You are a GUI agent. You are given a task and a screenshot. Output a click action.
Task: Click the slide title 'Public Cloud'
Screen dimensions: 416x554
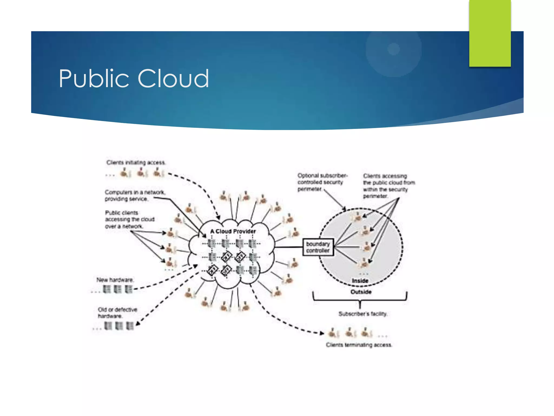[x=134, y=79]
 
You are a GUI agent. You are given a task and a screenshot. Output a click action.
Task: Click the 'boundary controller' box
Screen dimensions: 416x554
[x=318, y=247]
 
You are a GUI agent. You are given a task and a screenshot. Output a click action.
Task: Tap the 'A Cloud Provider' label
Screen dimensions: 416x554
[x=233, y=231]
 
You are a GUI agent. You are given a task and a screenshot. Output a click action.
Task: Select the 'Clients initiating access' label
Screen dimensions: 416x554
[x=136, y=162]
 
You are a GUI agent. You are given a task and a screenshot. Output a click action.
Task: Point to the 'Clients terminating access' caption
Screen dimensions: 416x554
[x=359, y=345]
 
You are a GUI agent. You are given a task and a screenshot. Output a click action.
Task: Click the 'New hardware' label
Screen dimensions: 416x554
[x=115, y=280]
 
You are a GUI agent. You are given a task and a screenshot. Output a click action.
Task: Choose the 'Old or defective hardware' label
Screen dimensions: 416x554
[x=117, y=313]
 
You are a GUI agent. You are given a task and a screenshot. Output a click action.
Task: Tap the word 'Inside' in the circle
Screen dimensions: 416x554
[x=360, y=281]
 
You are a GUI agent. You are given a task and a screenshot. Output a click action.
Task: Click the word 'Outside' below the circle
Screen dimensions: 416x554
[x=361, y=292]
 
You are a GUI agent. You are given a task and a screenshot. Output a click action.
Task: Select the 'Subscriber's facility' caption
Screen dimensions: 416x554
[x=363, y=314]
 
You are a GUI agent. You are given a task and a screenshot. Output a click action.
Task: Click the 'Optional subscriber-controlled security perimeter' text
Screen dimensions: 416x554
[x=322, y=182]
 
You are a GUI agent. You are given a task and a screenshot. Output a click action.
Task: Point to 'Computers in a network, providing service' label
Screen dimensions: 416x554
[x=135, y=195]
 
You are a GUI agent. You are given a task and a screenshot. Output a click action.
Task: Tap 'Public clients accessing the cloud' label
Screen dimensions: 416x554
[x=130, y=219]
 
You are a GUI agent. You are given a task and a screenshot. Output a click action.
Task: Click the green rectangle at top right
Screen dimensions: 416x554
[x=490, y=33]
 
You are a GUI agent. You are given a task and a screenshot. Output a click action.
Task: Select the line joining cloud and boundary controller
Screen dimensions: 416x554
[x=289, y=247]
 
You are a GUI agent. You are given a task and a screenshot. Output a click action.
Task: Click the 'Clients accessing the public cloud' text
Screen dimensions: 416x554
[x=388, y=186]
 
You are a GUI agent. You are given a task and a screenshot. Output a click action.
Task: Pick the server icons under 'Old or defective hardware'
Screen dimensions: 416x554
[x=119, y=326]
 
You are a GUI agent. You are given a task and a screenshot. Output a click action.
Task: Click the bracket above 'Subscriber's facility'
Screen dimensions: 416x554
[x=360, y=300]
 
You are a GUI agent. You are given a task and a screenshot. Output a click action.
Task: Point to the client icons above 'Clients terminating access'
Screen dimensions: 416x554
[x=350, y=333]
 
